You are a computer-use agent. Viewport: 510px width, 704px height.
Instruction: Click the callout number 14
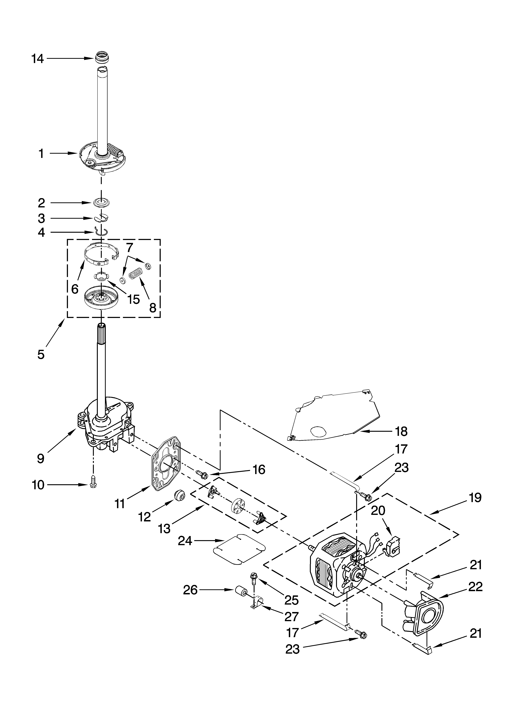pos(38,58)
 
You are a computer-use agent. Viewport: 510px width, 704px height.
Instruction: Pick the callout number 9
pos(41,459)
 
